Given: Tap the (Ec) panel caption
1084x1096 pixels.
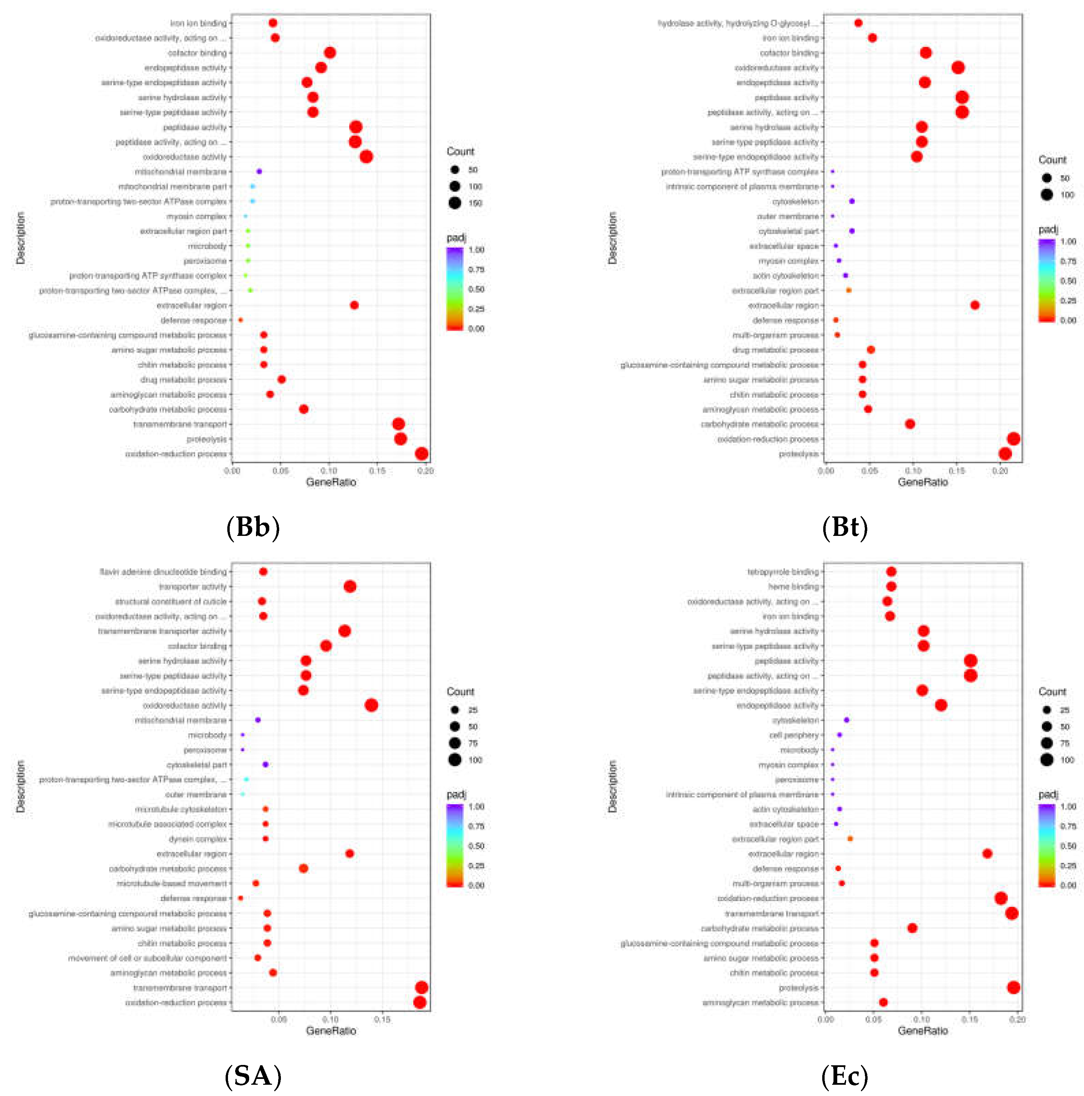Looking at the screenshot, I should point(845,1075).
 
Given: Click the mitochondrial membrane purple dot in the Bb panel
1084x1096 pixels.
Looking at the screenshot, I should point(259,171).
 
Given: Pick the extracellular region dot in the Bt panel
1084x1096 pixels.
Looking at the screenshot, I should point(974,305).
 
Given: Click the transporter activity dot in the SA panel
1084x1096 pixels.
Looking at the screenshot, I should point(350,587).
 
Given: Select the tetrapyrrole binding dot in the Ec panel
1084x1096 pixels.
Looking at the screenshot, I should point(891,572).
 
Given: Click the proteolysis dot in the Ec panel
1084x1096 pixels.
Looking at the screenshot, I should point(1014,988).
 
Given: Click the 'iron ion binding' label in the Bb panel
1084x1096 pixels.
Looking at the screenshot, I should point(199,23).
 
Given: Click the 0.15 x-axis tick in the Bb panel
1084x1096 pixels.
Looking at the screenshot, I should point(377,471).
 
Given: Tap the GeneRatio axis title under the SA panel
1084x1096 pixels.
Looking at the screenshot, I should point(331,1031).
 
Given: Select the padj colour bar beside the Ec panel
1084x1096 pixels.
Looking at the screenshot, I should point(1046,845).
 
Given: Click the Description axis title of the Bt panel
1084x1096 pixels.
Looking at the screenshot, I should point(612,238).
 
